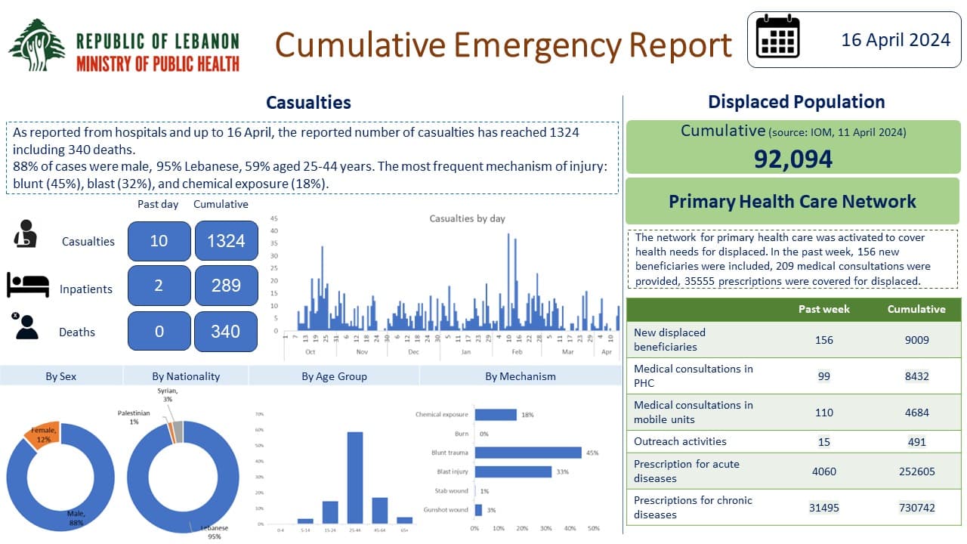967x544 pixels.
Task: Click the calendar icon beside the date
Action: [777, 38]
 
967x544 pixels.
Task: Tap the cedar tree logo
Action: [37, 45]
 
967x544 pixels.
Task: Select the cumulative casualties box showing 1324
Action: [226, 241]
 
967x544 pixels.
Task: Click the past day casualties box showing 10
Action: [159, 241]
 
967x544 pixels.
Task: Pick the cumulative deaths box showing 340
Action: [226, 331]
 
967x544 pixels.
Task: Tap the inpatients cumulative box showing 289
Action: [226, 286]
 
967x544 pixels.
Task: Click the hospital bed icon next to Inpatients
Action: [28, 285]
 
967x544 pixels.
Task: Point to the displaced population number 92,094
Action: [793, 159]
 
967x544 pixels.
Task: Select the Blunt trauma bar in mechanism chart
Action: [527, 453]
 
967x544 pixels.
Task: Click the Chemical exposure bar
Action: [495, 414]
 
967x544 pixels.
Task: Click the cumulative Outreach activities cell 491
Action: [916, 442]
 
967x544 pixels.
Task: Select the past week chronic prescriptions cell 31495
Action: [823, 508]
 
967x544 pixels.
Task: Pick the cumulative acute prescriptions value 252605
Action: [916, 471]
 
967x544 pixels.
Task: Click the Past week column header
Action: [823, 309]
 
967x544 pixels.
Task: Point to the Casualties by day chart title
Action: [467, 218]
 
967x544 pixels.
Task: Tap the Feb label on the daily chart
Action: [517, 352]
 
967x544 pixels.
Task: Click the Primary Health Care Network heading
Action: [792, 202]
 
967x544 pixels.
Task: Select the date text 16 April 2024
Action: [896, 39]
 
